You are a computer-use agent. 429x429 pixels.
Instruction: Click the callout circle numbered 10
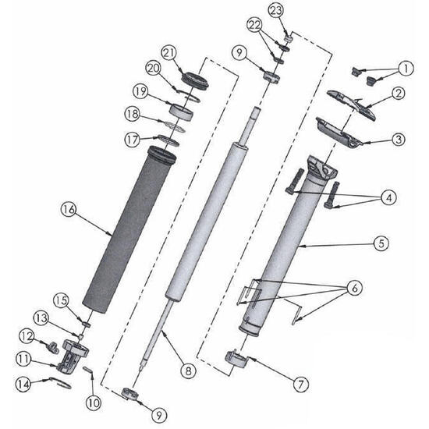pyautogui.click(x=94, y=403)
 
